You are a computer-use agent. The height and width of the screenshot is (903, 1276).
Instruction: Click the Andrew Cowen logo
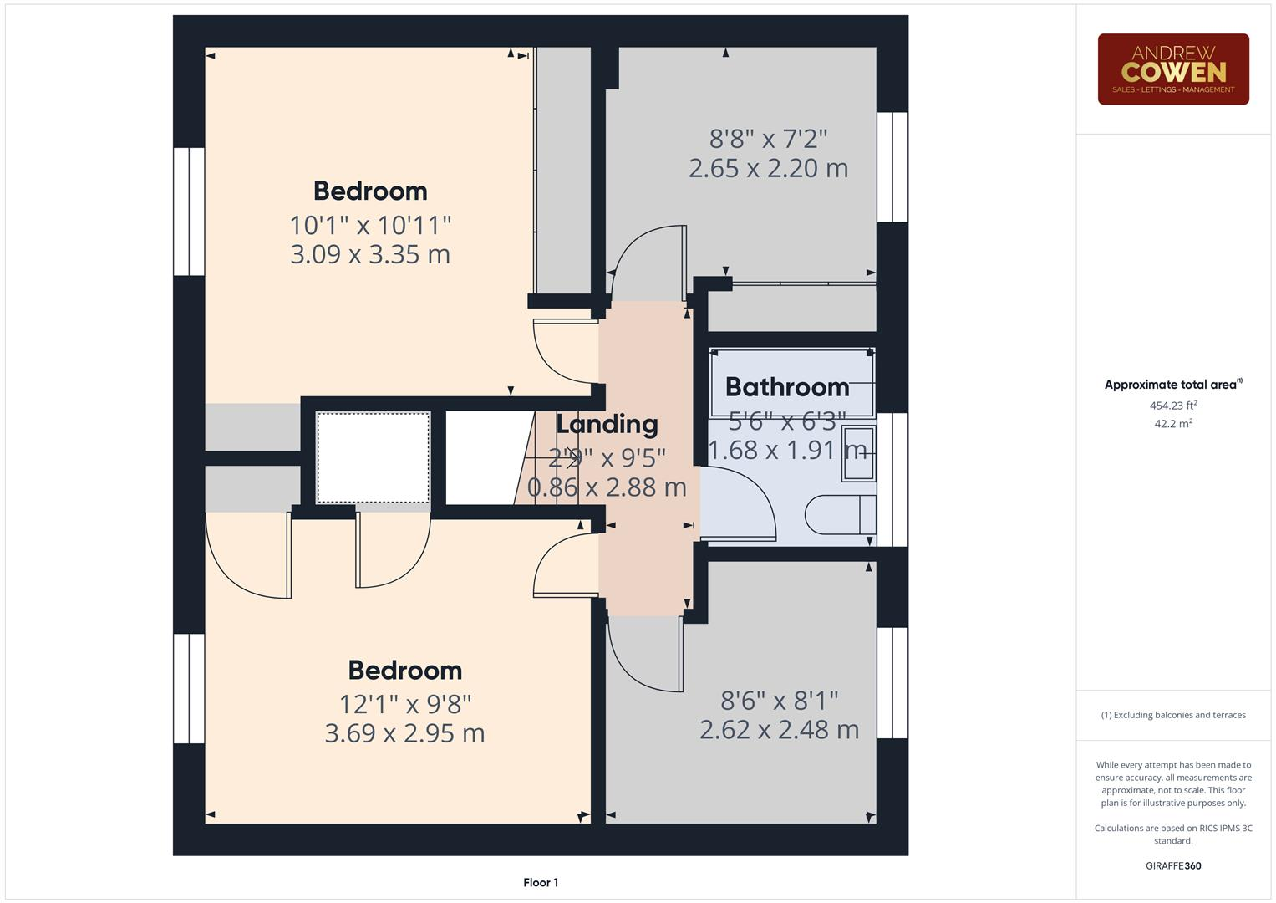tap(1172, 69)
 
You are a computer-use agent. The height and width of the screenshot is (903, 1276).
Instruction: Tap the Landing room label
tap(607, 424)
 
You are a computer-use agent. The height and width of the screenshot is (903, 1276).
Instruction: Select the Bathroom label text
tap(786, 387)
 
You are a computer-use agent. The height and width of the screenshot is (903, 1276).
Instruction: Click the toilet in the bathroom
tap(840, 514)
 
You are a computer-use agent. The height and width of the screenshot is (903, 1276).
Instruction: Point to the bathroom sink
tap(858, 454)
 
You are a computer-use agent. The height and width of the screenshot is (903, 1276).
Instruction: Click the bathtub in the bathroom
tap(791, 383)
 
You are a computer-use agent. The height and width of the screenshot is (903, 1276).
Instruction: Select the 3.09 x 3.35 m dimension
tap(370, 254)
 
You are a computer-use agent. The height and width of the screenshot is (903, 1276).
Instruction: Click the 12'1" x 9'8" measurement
tap(405, 704)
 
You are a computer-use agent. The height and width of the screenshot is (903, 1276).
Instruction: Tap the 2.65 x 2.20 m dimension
tap(768, 168)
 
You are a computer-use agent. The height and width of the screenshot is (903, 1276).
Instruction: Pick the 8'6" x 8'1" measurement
tap(779, 700)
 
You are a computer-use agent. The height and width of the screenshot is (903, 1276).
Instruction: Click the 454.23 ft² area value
tap(1172, 406)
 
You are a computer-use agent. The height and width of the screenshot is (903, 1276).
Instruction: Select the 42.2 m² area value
tap(1172, 424)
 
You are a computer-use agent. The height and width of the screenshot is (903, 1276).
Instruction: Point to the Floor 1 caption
tap(541, 882)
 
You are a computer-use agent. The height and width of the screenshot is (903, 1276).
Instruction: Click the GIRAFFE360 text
tap(1172, 865)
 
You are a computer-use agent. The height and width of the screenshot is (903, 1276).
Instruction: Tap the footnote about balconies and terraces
tap(1172, 715)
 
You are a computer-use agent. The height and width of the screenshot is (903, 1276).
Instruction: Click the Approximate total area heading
tap(1172, 385)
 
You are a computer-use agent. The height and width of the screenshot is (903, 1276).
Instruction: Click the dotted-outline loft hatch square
tap(373, 457)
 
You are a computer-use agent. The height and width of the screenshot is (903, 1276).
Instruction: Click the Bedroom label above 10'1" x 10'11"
tap(370, 191)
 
